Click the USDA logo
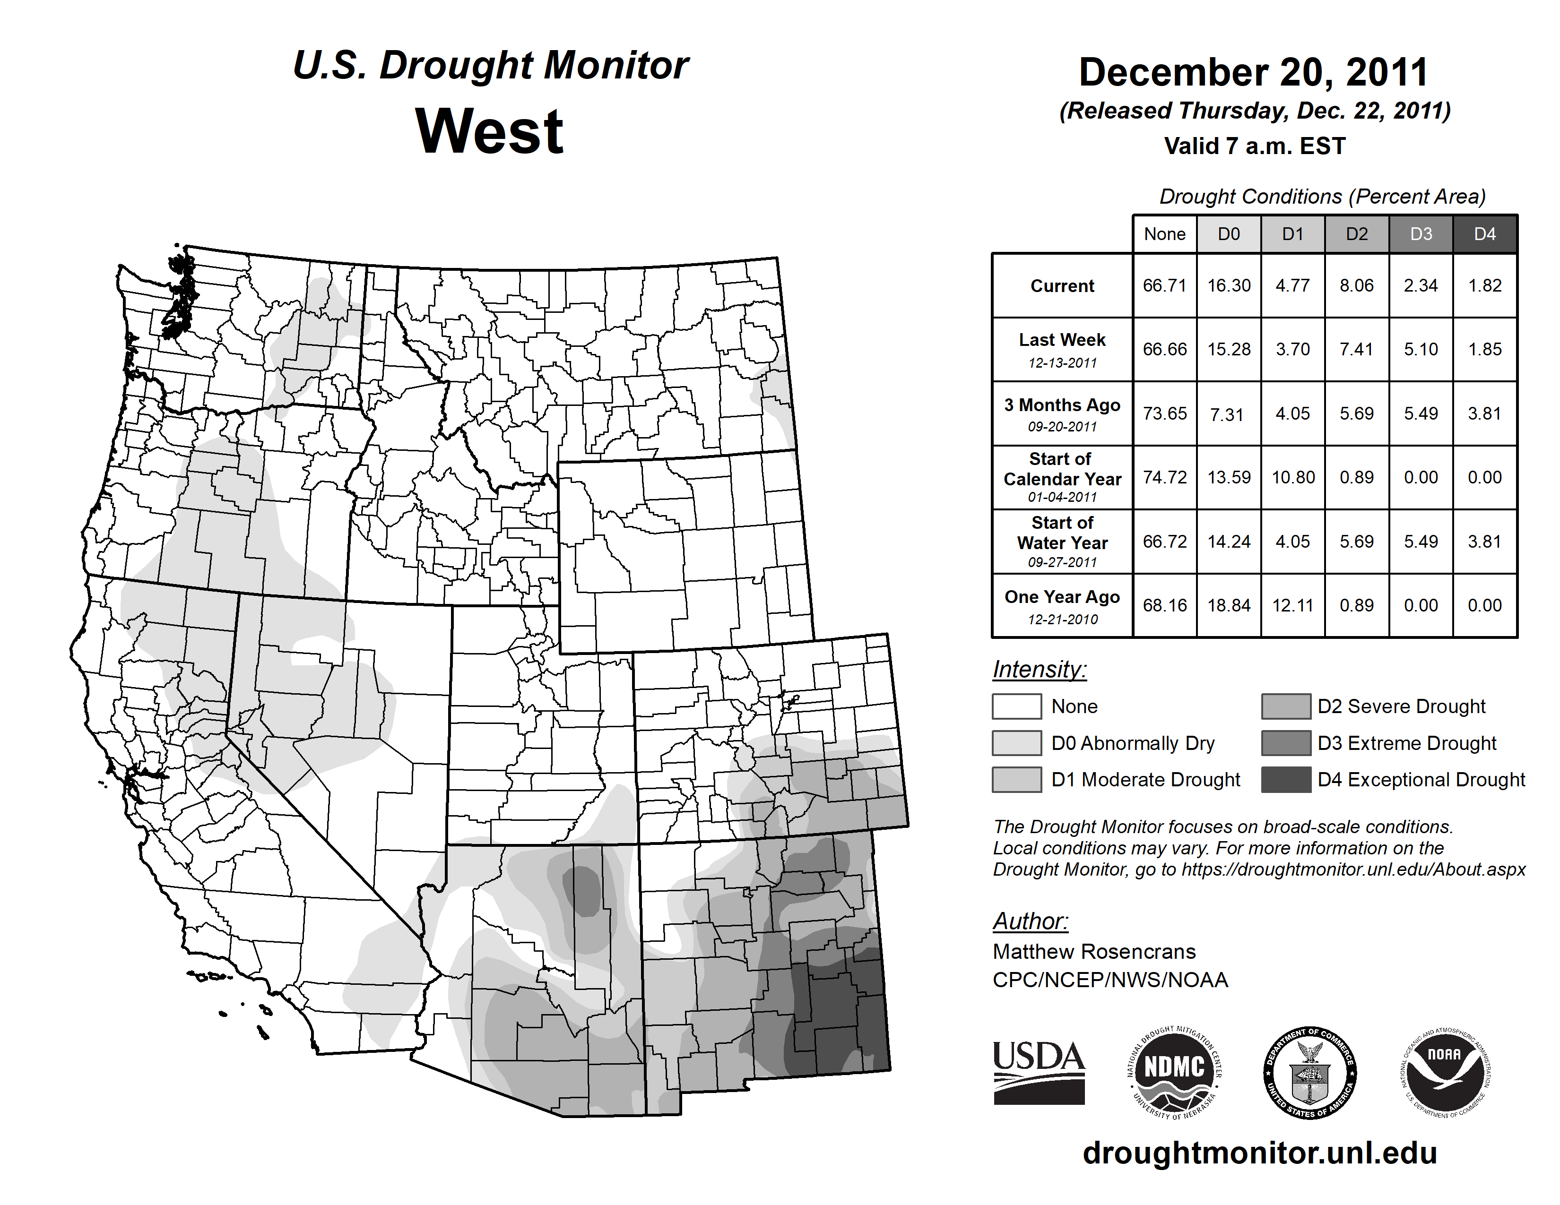tap(1039, 1072)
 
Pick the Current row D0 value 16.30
tap(1229, 285)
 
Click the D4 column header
tap(1484, 234)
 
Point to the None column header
tap(1164, 234)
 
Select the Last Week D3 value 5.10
tap(1421, 349)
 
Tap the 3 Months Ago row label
tap(1062, 413)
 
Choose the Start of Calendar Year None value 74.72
tap(1164, 477)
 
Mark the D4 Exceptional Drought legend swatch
tap(1286, 780)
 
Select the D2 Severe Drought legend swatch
tap(1286, 706)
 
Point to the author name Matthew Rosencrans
tap(1093, 952)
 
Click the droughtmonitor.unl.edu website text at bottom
tap(1260, 1153)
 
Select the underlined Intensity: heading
tap(1039, 670)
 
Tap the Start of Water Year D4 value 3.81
tap(1484, 541)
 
